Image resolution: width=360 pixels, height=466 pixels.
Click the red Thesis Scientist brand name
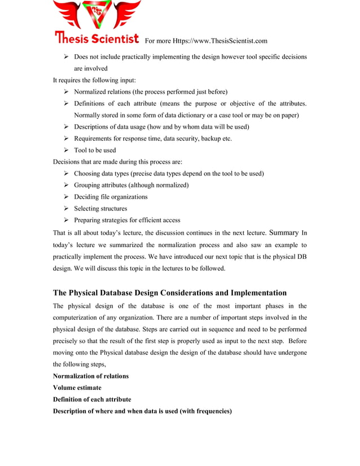click(x=96, y=39)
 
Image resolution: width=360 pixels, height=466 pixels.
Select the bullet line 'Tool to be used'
click(x=95, y=150)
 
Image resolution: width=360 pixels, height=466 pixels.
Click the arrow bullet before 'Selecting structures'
click(x=66, y=209)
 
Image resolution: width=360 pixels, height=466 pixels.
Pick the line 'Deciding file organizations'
click(x=111, y=197)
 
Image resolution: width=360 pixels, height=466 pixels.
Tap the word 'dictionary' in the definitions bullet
click(x=190, y=115)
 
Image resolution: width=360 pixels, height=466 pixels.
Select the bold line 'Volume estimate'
click(x=77, y=388)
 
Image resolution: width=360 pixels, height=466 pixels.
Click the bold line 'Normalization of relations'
click(x=91, y=376)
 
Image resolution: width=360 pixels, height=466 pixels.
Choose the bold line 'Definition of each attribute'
click(x=92, y=399)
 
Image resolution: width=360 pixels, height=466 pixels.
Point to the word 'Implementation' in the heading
click(x=253, y=293)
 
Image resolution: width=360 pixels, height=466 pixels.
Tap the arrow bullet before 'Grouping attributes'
click(x=66, y=185)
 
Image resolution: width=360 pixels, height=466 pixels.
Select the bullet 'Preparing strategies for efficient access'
click(x=127, y=220)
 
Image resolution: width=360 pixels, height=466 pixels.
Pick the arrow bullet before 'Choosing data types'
click(x=66, y=173)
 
